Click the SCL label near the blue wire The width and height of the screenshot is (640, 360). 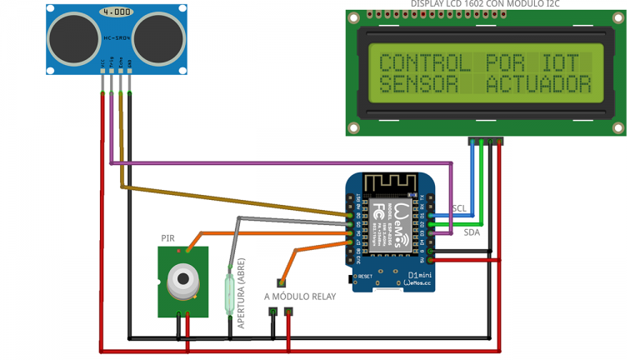point(459,208)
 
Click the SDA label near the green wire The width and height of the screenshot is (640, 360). point(472,234)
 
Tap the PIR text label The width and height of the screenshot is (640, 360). point(168,238)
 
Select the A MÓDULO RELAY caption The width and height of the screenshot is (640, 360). point(300,296)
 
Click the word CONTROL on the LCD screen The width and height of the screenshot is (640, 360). point(413,63)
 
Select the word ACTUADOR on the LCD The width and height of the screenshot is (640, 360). point(539,84)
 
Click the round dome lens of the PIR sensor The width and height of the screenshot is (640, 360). point(182,281)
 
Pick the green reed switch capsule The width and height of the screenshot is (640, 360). point(230,287)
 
